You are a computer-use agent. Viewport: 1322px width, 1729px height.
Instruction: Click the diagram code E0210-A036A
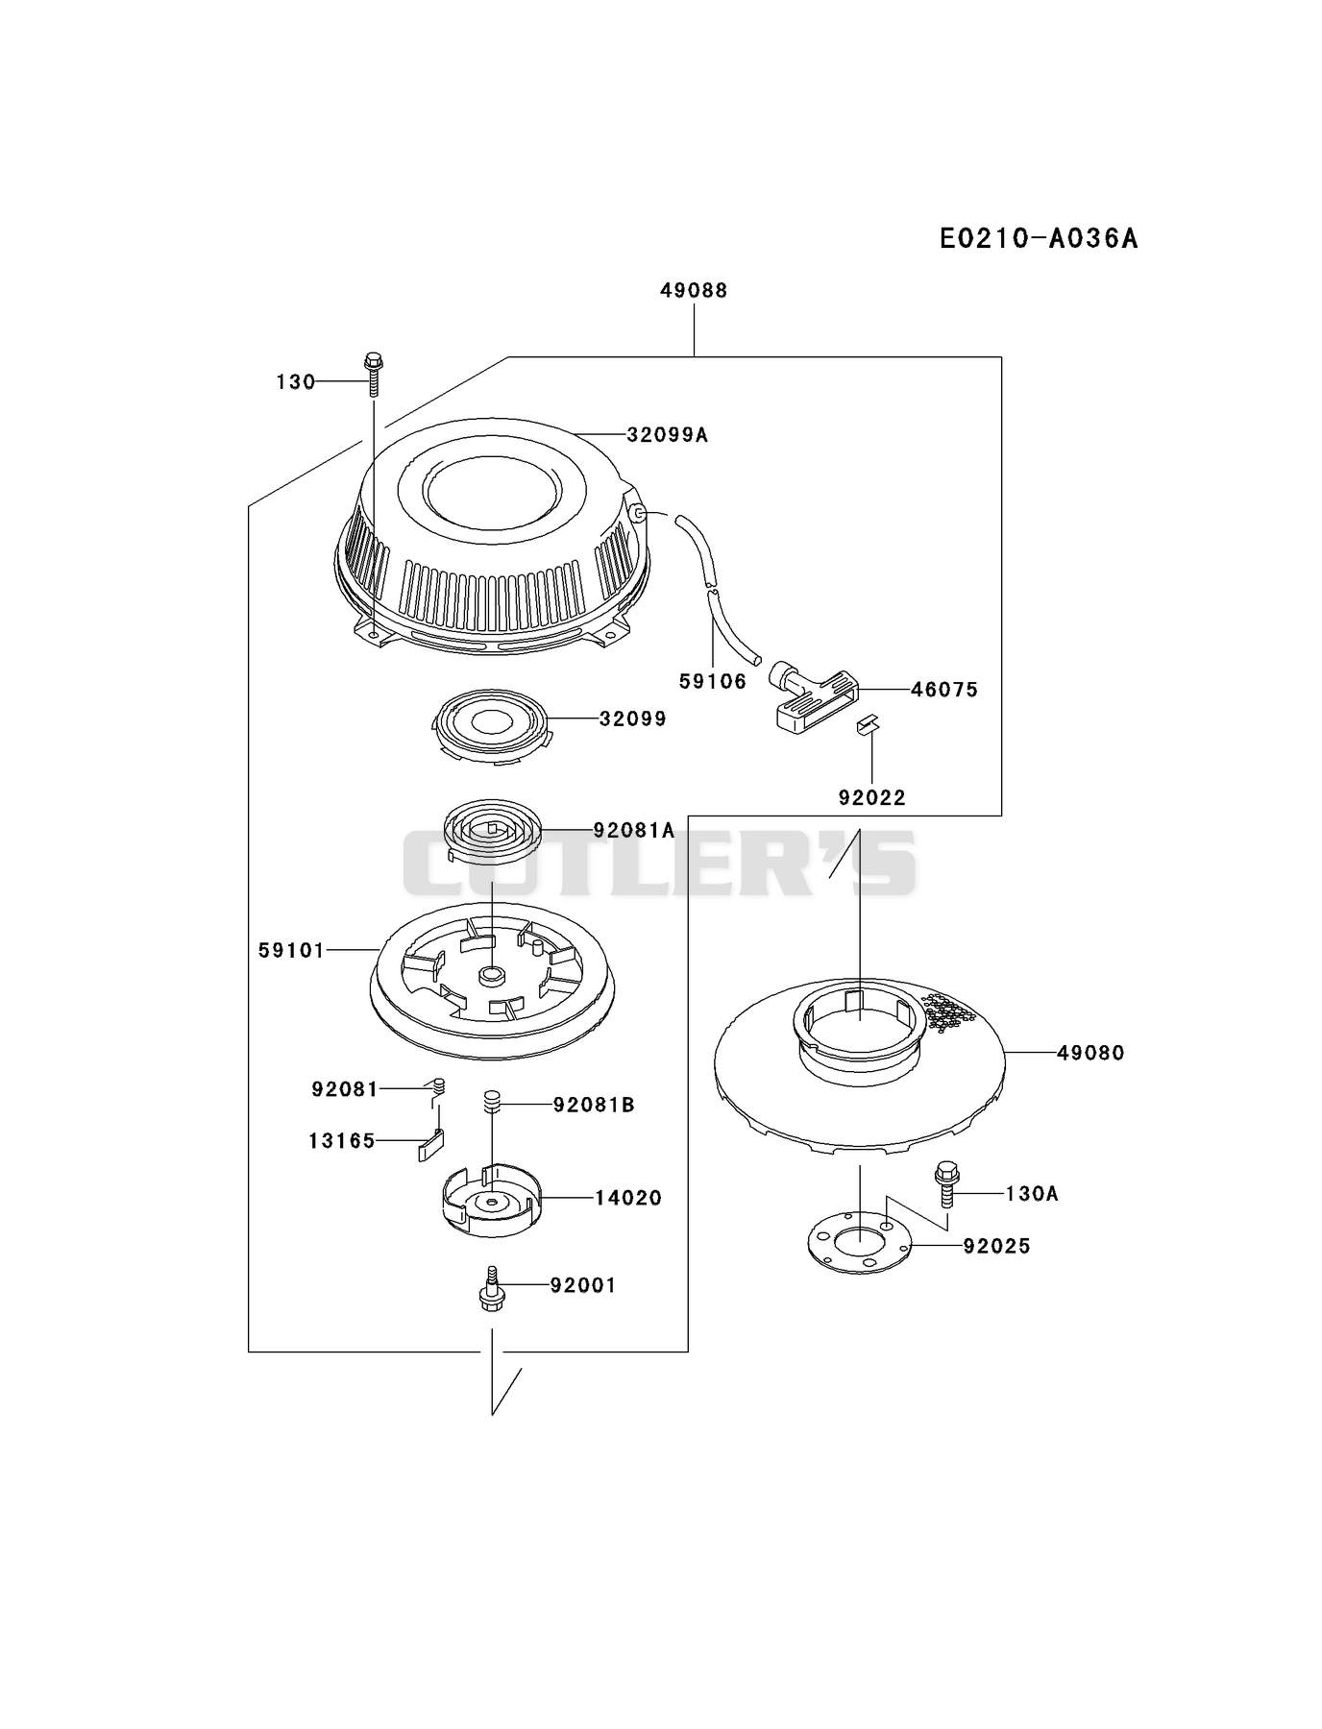1039,238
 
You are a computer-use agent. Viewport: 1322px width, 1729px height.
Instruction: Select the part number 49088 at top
694,290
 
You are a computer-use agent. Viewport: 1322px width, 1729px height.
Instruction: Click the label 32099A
667,435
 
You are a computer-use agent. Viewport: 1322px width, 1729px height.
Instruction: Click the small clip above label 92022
868,724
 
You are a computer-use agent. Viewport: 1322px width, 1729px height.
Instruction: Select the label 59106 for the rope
713,681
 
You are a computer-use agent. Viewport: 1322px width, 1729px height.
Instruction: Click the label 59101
292,950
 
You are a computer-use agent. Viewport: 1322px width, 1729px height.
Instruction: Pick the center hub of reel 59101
493,976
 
